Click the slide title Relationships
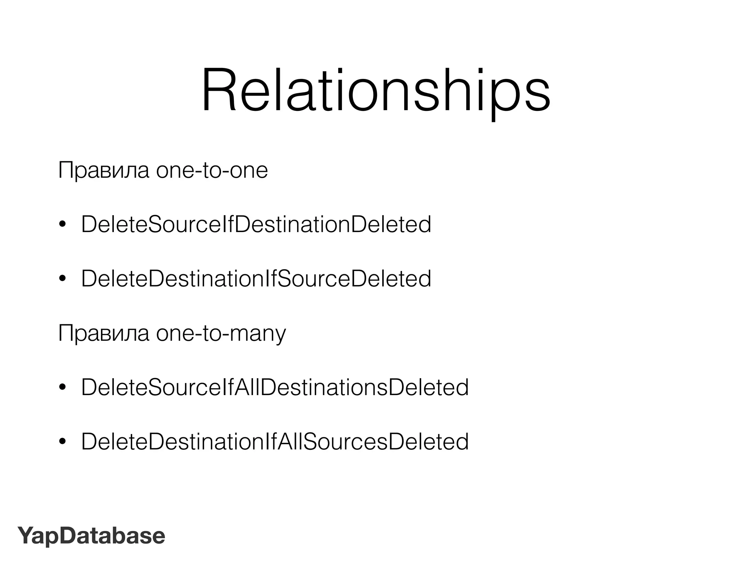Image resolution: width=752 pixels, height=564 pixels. tap(376, 91)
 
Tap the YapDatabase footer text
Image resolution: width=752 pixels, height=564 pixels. tap(91, 536)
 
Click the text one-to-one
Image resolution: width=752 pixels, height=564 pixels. tap(212, 171)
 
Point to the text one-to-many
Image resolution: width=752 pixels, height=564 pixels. tap(221, 334)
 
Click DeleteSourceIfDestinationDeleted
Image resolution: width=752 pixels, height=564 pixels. tap(256, 224)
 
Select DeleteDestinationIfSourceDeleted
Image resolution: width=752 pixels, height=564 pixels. tap(256, 279)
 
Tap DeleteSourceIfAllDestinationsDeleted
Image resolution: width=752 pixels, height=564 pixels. tap(275, 387)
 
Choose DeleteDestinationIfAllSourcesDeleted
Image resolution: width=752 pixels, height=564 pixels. tap(275, 442)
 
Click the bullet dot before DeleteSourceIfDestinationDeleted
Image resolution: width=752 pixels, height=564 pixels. tap(62, 225)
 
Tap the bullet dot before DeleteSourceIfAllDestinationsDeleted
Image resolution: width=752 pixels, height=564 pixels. tap(62, 388)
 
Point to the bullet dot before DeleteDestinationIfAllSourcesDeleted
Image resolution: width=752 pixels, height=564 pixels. tap(62, 442)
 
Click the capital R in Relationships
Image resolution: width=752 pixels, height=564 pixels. tap(218, 90)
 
